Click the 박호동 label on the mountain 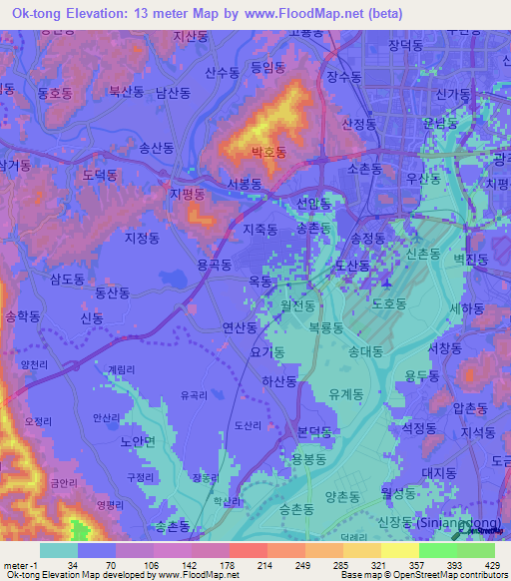tap(268, 153)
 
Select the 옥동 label tap(260, 283)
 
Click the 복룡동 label tap(325, 327)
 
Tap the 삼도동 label tap(67, 281)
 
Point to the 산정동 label tap(358, 124)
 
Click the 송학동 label tap(24, 315)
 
